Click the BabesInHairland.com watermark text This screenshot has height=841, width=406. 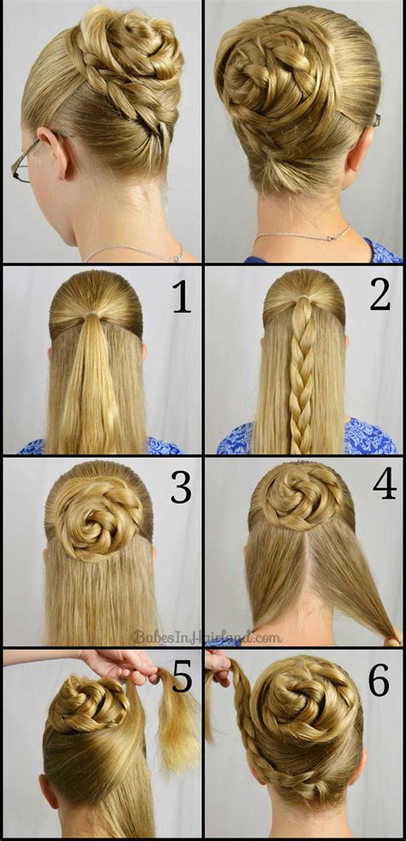pos(206,636)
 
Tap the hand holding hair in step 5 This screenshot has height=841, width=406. pos(120,663)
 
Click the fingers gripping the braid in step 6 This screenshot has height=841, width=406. pos(218,664)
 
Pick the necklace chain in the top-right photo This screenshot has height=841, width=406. pos(303,235)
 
